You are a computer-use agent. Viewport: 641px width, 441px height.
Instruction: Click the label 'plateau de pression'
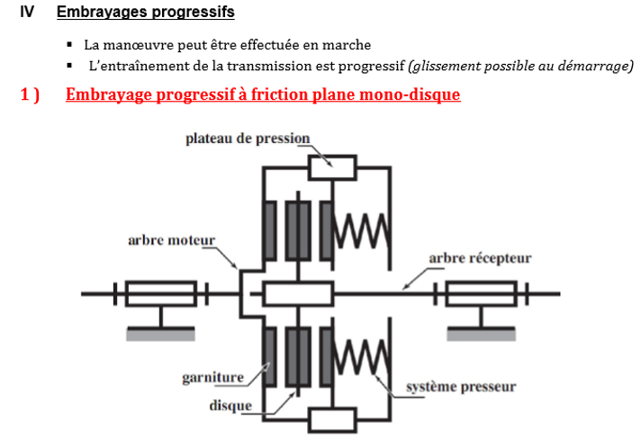(x=248, y=139)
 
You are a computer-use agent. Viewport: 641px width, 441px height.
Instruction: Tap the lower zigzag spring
(x=360, y=355)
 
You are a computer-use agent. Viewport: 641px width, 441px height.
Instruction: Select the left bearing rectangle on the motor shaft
(x=160, y=293)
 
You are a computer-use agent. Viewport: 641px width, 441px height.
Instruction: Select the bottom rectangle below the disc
(x=332, y=419)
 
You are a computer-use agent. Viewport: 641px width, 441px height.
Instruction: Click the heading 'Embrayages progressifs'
(x=145, y=13)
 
